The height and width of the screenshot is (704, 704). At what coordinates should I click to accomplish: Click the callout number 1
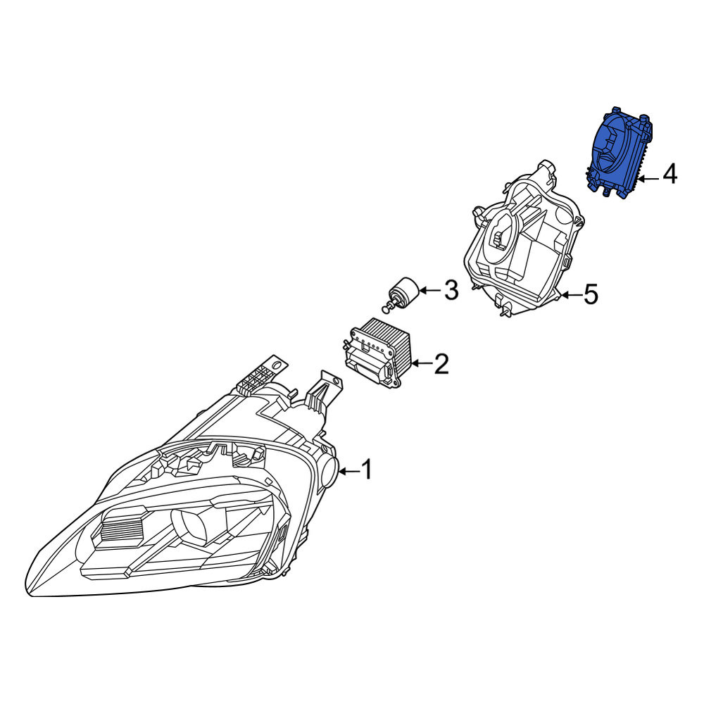367,470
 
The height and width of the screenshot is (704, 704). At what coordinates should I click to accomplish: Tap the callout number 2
441,364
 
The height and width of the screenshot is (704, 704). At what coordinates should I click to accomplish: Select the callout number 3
451,290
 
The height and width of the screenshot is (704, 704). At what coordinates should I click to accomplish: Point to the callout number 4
670,174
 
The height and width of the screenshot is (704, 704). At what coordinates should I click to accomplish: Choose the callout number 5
591,294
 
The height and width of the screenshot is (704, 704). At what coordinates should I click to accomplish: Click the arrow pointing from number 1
349,471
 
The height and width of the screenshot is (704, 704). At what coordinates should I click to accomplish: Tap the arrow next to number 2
421,363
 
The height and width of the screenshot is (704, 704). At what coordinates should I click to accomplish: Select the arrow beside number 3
430,291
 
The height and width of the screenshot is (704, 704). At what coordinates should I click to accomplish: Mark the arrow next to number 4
649,179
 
